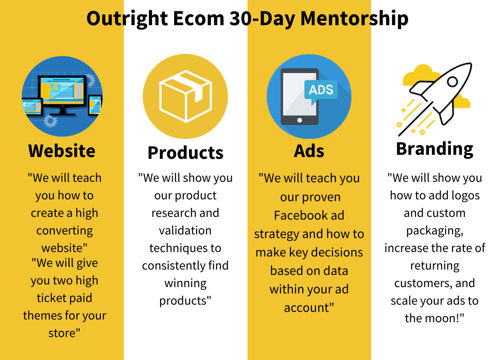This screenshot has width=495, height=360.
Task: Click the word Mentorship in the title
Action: coord(354,18)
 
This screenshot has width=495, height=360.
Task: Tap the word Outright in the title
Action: coord(127,18)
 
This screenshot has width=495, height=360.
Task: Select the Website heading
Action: coord(62,151)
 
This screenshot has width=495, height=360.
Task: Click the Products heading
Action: coord(185,153)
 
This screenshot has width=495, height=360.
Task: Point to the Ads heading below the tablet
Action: coord(309,151)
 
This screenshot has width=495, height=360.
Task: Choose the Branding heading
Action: coord(435,149)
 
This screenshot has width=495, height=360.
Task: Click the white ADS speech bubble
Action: coord(321,90)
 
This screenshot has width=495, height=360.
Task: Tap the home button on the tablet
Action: coord(300,120)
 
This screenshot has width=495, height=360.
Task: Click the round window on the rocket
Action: coord(452,82)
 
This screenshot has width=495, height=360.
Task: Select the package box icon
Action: coord(185,96)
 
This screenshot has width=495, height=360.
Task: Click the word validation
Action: coord(185,230)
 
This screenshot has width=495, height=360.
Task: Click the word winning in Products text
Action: coord(185,283)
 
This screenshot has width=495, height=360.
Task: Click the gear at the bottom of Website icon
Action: coord(50,121)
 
